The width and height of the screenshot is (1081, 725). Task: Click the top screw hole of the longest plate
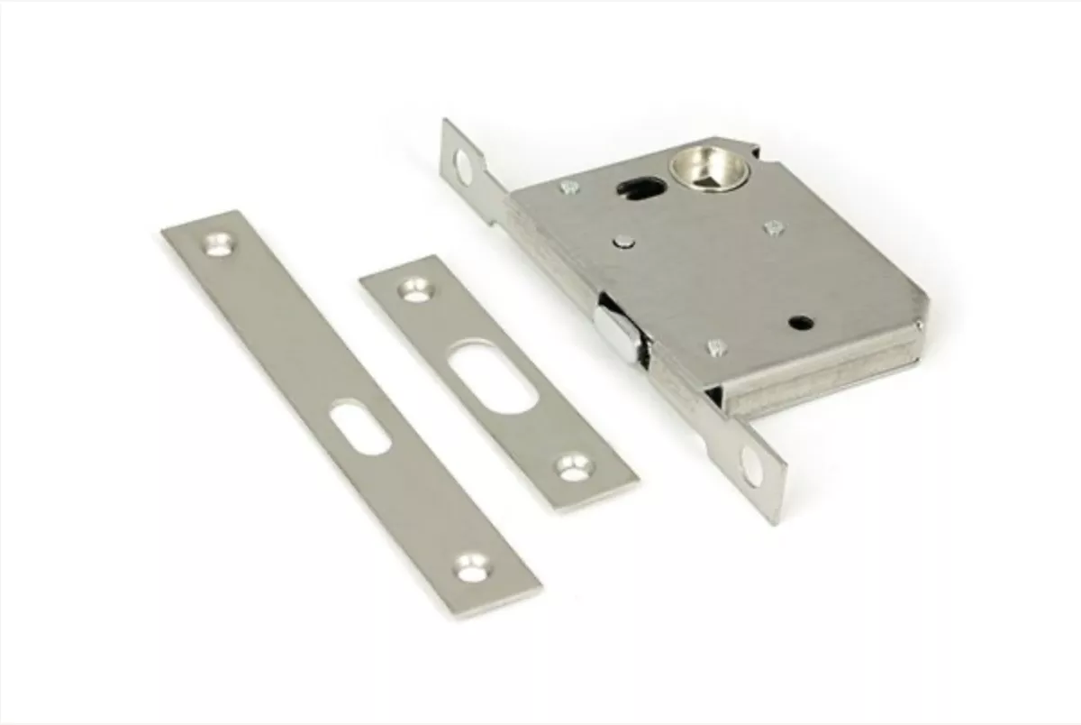click(217, 243)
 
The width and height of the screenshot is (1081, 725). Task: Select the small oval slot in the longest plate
click(359, 427)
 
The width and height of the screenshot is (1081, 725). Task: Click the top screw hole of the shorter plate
click(415, 289)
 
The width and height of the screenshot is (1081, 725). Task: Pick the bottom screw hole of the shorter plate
click(572, 465)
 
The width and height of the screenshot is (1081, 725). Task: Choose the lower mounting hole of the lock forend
click(750, 466)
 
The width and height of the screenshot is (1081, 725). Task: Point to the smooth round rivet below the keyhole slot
click(623, 241)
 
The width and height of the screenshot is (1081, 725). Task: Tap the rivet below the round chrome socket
click(773, 227)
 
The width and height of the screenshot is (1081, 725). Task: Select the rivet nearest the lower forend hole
click(716, 345)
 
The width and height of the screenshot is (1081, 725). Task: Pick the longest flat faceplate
click(351, 410)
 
